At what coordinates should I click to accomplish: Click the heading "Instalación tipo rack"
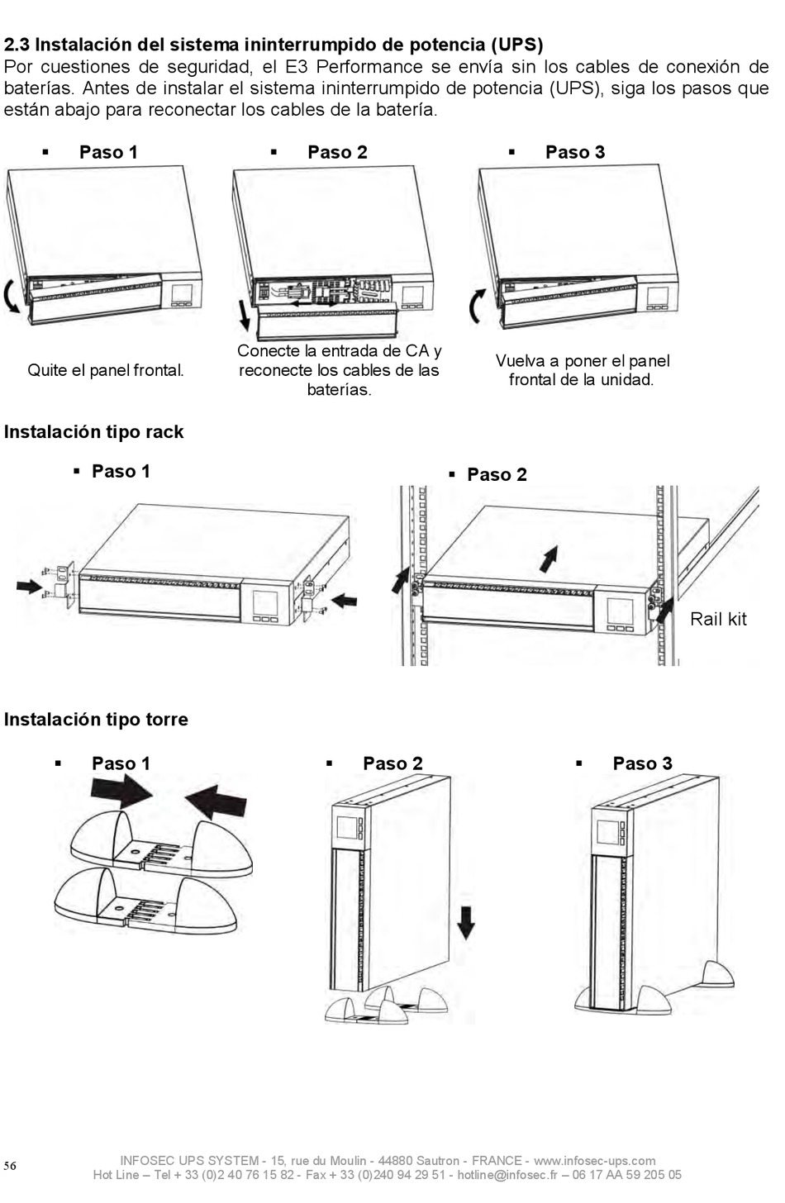click(93, 432)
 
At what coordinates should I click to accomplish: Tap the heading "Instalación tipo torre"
click(96, 720)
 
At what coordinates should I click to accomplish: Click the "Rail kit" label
click(718, 619)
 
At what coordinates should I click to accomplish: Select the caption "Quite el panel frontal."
click(106, 370)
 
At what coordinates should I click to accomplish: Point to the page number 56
click(10, 1166)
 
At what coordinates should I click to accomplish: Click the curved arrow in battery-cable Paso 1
click(12, 297)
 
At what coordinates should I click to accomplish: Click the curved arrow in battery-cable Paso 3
click(478, 307)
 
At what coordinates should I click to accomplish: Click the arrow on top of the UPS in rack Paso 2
click(547, 558)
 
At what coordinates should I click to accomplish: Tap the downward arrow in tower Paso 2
click(466, 921)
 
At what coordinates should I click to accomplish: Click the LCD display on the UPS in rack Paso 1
click(264, 602)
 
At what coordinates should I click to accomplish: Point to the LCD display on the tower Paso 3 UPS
click(608, 828)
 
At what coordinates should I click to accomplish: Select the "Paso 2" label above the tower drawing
click(392, 763)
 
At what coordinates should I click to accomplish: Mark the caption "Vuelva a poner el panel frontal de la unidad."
click(582, 370)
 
